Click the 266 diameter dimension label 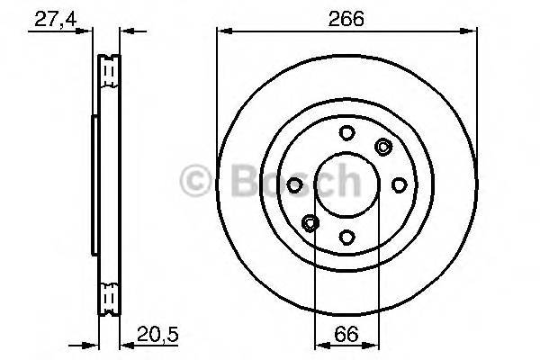coord(346,19)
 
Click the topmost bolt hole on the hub coord(346,133)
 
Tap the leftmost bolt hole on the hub coord(294,185)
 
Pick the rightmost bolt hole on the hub coord(399,185)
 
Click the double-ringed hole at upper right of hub coord(383,148)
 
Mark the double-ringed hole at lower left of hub coord(310,222)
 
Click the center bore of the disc coord(346,185)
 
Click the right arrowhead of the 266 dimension coord(472,33)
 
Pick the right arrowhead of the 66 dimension coord(374,343)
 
